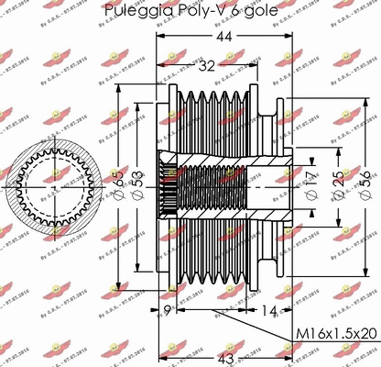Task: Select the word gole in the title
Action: (256, 11)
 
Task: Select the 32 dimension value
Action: (207, 65)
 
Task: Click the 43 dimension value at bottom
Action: (223, 357)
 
